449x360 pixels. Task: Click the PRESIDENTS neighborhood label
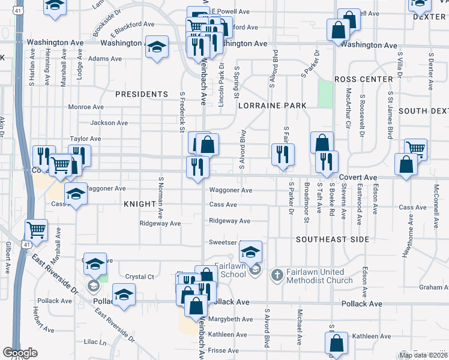pos(142,94)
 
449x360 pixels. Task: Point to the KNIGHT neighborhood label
pos(140,204)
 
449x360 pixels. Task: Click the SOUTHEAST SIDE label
pos(333,239)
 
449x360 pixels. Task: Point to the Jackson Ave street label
pos(109,123)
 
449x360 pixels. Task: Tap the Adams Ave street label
pos(105,59)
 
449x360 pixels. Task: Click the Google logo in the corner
pos(20,353)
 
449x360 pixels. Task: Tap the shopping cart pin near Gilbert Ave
pos(37,229)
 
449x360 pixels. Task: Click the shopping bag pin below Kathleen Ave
pos(336,343)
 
